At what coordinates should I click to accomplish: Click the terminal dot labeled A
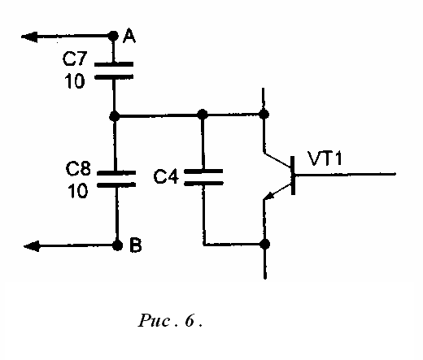click(113, 36)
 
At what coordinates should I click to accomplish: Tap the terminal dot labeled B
click(117, 245)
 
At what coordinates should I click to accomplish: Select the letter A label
click(129, 37)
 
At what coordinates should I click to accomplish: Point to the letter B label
click(136, 245)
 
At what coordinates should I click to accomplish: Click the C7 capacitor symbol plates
click(114, 71)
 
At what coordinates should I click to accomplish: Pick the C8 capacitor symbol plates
click(116, 179)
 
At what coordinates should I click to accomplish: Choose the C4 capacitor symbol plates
click(203, 177)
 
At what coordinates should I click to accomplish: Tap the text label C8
click(78, 168)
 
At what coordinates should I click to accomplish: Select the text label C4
click(166, 176)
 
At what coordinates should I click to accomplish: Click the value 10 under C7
click(75, 80)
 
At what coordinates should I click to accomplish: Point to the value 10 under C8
click(78, 190)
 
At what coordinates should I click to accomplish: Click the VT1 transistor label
click(325, 158)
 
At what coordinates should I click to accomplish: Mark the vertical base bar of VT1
click(293, 176)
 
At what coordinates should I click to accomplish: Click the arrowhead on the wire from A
click(29, 37)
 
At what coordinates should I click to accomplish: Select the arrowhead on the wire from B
click(32, 246)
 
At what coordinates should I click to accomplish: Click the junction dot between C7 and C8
click(115, 116)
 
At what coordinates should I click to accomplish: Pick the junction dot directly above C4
click(202, 115)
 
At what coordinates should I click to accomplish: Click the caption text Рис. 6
click(170, 321)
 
